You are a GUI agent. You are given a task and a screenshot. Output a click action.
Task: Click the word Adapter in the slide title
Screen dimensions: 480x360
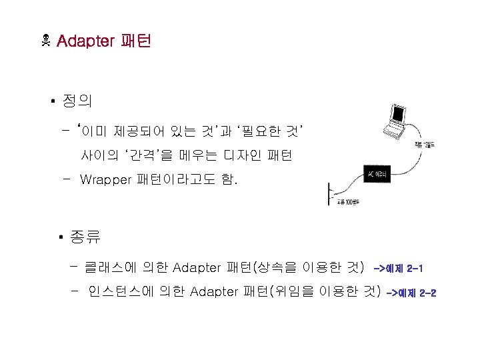point(85,41)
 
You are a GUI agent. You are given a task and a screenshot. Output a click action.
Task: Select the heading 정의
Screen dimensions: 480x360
point(77,101)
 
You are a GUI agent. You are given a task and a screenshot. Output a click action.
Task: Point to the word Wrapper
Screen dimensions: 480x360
point(105,179)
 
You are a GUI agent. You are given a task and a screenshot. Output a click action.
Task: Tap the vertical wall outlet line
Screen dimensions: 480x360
point(329,194)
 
